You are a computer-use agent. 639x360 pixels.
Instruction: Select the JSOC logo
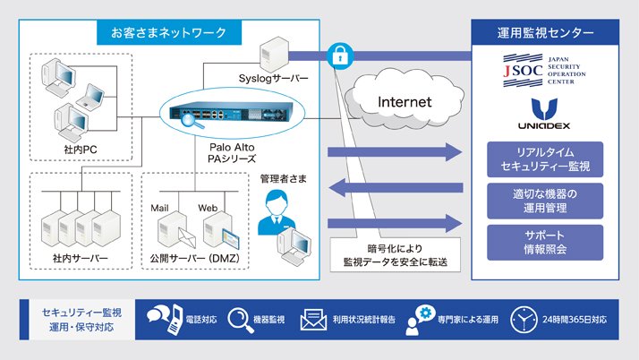545,71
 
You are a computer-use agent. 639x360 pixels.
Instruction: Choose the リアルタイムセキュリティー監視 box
545,159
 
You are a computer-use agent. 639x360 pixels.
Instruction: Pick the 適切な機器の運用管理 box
545,201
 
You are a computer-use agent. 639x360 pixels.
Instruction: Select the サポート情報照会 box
545,243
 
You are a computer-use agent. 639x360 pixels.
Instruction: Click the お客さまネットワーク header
169,33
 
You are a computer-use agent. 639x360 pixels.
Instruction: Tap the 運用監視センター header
545,34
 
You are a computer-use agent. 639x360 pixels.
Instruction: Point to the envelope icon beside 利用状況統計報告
313,320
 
